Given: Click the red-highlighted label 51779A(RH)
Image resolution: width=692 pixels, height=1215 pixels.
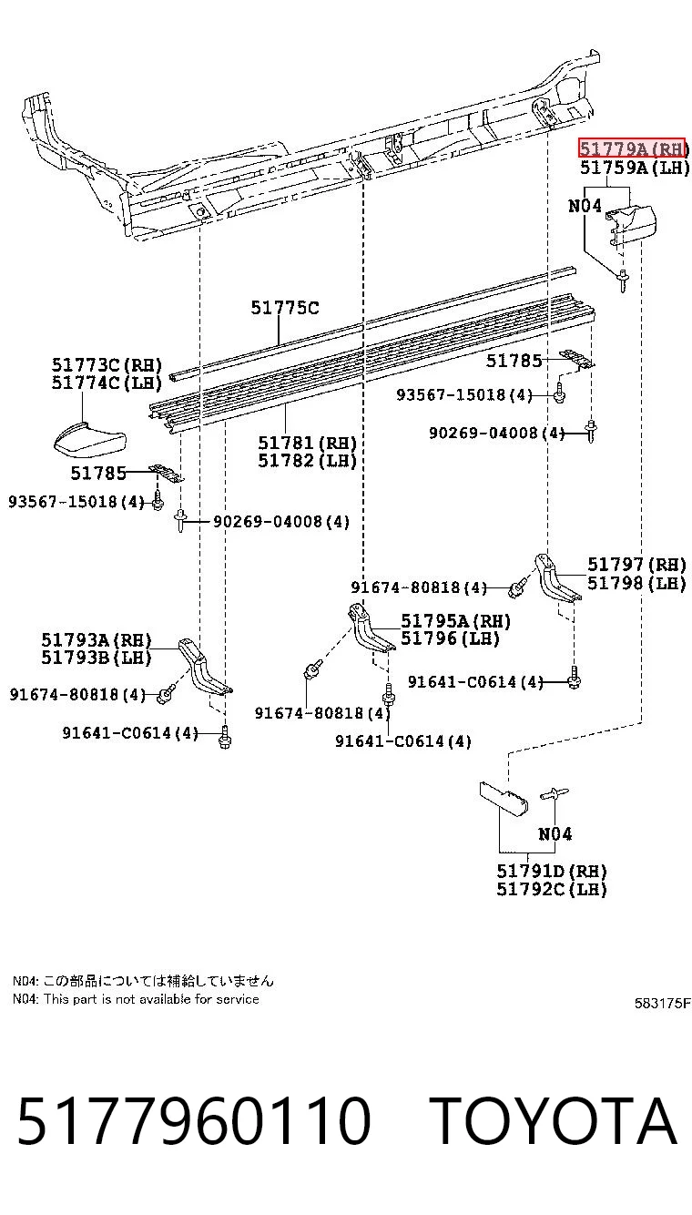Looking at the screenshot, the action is (x=632, y=148).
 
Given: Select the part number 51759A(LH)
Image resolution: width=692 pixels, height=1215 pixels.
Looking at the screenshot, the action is (x=635, y=168).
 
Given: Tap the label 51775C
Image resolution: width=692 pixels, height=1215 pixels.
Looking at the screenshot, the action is (x=285, y=308).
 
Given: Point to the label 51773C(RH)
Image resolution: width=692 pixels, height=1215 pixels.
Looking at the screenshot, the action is (x=107, y=364).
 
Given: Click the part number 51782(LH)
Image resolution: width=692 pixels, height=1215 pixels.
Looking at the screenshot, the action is (x=307, y=461).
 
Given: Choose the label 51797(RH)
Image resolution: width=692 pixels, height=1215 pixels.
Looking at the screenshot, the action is (x=636, y=565).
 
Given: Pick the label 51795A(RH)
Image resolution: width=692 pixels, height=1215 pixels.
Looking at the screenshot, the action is (x=455, y=620).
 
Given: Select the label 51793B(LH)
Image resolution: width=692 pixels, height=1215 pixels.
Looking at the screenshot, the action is (x=96, y=658).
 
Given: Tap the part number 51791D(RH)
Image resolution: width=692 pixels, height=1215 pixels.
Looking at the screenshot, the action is (x=552, y=871).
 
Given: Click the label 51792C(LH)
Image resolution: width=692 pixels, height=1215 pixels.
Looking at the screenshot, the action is (x=552, y=889).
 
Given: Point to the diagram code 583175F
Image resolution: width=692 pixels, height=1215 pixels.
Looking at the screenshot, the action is (x=663, y=1003).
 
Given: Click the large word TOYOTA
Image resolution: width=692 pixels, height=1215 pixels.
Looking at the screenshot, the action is (x=553, y=1120).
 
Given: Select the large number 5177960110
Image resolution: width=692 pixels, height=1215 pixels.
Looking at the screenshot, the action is (x=194, y=1120).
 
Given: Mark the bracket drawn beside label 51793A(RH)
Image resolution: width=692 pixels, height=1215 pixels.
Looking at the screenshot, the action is (x=205, y=667).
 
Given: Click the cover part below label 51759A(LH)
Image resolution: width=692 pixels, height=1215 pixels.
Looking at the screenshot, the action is (x=631, y=224).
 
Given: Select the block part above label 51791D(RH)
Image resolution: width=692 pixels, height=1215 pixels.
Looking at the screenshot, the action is (x=504, y=799).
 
